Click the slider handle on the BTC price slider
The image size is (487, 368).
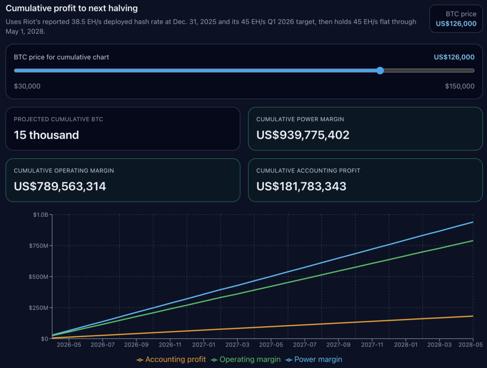380,70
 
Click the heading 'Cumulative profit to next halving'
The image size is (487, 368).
72,9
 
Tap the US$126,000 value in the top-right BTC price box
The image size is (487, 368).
456,24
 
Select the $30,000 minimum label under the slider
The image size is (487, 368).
27,86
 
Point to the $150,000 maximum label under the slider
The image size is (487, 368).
459,86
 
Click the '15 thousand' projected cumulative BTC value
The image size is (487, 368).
46,135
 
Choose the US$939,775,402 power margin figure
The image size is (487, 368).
302,135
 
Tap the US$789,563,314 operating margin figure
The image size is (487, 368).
60,186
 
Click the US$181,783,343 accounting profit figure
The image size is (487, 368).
301,186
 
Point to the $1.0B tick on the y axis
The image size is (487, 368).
40,215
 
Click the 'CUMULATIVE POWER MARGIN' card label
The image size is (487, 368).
300,119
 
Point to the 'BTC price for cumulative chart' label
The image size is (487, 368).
61,57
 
